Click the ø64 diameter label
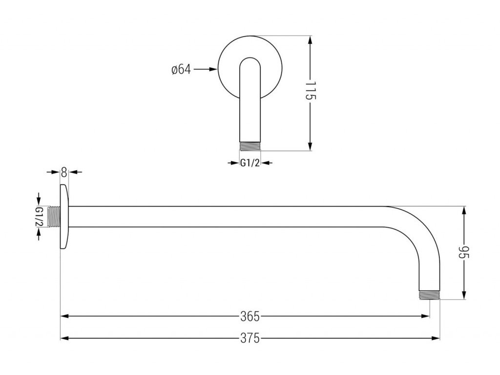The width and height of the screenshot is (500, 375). point(181,69)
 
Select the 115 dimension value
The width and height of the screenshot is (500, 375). point(311,91)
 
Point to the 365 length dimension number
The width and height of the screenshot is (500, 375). point(250,316)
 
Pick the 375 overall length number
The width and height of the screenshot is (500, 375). point(250,338)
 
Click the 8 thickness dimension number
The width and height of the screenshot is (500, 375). point(63,172)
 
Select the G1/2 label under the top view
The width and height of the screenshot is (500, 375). point(249,163)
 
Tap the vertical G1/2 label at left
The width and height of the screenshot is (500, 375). point(39,217)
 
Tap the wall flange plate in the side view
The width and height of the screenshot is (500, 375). point(64,217)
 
